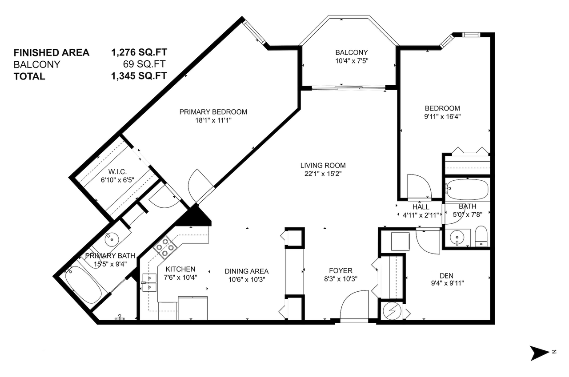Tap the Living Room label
(x=323, y=166)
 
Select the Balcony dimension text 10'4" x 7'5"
(x=352, y=61)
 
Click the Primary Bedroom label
(x=213, y=112)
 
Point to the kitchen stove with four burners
(x=165, y=247)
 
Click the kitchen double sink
(x=149, y=282)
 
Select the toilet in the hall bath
(x=481, y=236)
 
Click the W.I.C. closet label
(x=118, y=172)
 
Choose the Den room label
(x=446, y=275)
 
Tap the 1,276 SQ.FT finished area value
(x=139, y=52)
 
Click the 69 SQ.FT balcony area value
(x=144, y=64)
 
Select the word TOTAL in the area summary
(x=29, y=76)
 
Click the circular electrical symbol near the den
(x=392, y=311)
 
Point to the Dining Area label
(x=246, y=271)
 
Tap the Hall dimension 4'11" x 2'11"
(x=421, y=215)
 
